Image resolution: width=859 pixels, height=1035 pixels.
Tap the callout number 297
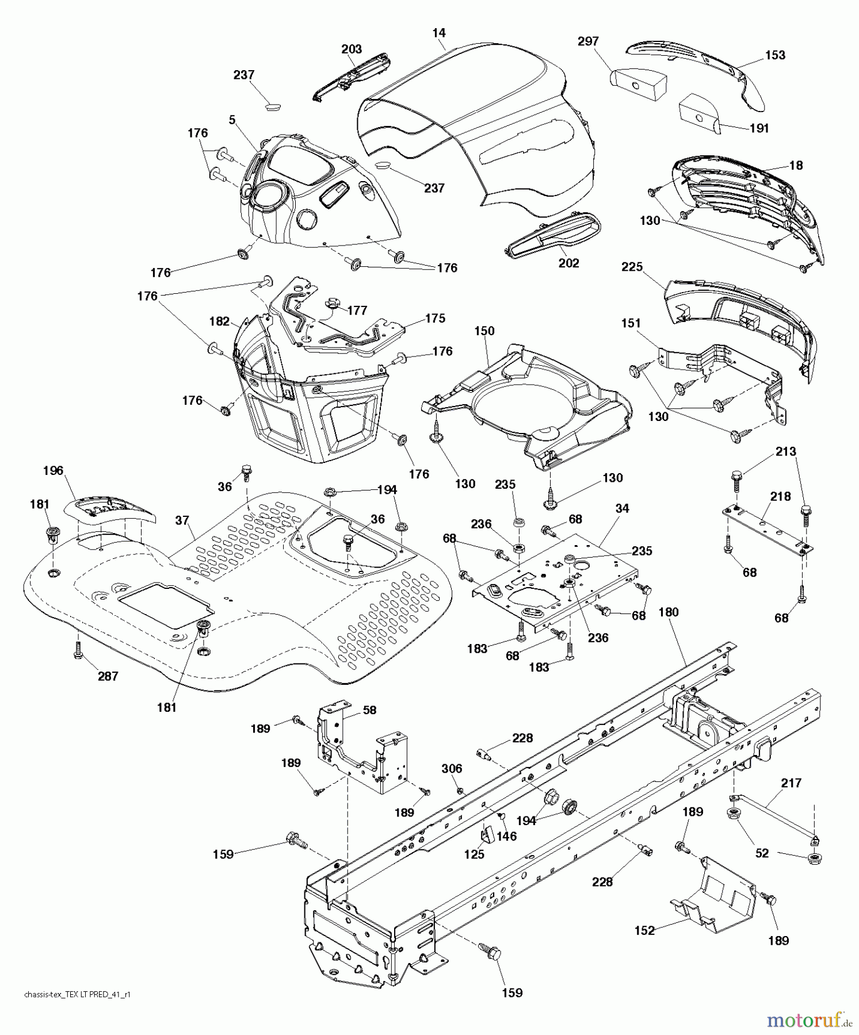click(x=588, y=41)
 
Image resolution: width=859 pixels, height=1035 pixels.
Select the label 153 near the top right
click(x=775, y=55)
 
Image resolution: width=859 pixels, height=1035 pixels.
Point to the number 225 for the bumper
click(x=632, y=267)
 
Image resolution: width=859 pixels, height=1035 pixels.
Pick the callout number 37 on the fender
click(x=182, y=520)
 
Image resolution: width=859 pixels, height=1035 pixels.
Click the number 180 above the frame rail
click(x=668, y=612)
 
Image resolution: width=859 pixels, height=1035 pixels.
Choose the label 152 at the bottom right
click(x=644, y=930)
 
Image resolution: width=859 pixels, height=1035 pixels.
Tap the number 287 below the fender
click(x=108, y=676)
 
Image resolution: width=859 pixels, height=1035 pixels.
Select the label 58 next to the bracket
click(x=369, y=710)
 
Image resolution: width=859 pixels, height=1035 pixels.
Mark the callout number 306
click(x=452, y=769)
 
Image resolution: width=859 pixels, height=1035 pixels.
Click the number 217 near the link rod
click(x=791, y=783)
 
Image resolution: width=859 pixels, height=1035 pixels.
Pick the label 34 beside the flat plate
click(x=621, y=508)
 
